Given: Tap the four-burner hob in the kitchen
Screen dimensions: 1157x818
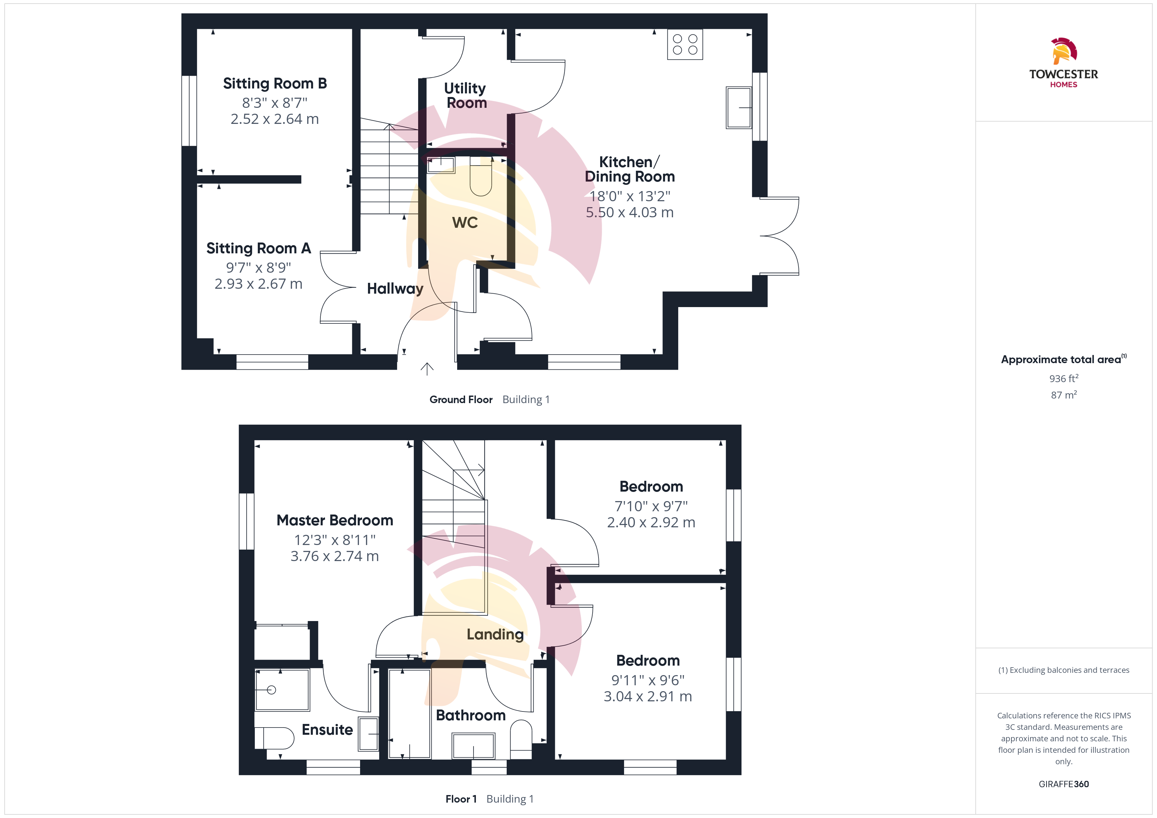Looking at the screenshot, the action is click(x=685, y=44).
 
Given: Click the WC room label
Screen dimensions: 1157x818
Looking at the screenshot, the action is click(x=465, y=223).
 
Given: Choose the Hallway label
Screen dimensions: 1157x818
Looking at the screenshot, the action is click(x=395, y=289).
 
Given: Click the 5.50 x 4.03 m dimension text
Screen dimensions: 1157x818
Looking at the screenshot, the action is click(x=629, y=213).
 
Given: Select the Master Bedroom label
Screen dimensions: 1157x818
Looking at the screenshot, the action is click(x=335, y=520).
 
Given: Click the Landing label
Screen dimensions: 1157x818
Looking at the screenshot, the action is click(x=495, y=635).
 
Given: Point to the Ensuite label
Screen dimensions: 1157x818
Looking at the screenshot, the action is click(x=327, y=730).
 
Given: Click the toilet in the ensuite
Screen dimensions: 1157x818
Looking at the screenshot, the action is click(x=274, y=738).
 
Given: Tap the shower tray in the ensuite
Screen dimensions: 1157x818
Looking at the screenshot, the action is click(x=282, y=690).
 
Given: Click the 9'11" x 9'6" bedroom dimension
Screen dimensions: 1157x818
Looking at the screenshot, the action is click(x=648, y=680).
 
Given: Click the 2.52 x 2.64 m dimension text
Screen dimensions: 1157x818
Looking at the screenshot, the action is click(x=274, y=119).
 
